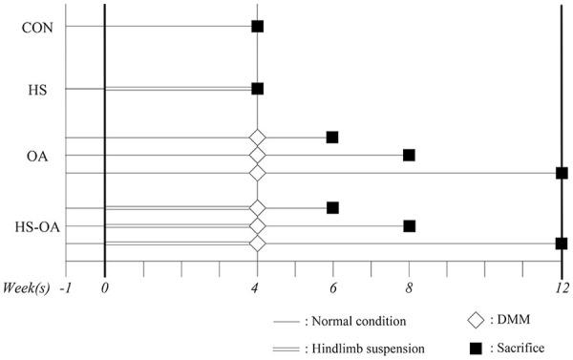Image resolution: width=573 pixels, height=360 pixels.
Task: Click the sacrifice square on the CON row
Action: coord(257,26)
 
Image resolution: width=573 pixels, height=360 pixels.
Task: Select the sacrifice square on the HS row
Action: coord(257,89)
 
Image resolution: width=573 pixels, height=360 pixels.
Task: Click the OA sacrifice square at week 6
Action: coord(332,138)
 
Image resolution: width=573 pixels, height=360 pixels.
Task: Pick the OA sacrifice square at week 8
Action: coord(409,155)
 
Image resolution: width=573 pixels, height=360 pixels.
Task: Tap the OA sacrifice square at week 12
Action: coord(562,173)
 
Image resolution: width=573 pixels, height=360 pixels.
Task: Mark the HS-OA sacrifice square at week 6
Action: coord(332,207)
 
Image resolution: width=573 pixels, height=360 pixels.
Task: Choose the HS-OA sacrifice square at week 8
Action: coord(409,226)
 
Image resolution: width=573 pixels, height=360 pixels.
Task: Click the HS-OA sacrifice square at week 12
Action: coord(562,244)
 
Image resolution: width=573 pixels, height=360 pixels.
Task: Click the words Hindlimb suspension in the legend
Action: coord(367,348)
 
